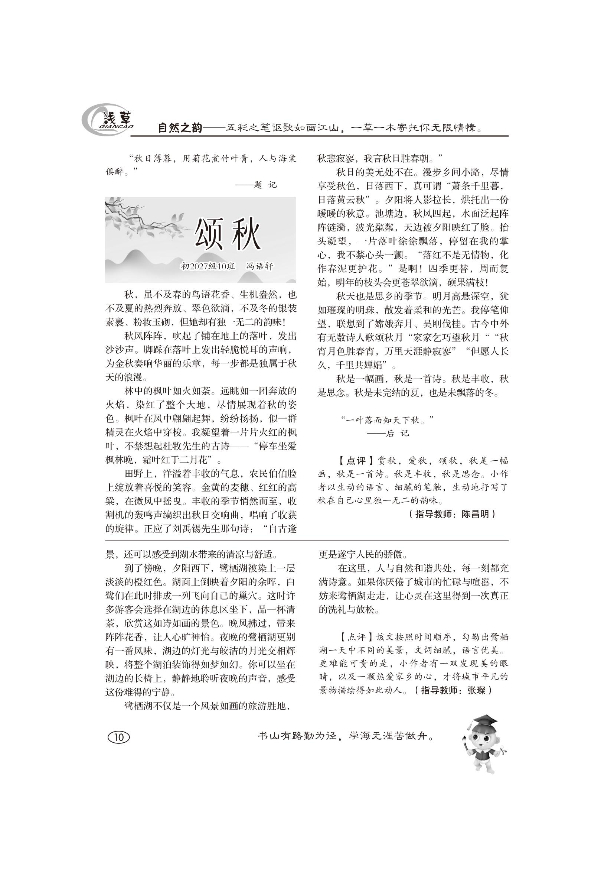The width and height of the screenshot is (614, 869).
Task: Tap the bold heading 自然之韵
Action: click(180, 128)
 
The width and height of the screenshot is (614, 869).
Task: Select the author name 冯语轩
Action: click(259, 266)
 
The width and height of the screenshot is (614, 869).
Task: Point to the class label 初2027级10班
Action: click(208, 266)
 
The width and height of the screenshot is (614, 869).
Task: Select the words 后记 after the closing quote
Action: click(397, 434)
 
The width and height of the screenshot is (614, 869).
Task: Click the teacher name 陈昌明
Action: click(475, 514)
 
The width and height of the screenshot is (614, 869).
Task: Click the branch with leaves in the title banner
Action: click(140, 218)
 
